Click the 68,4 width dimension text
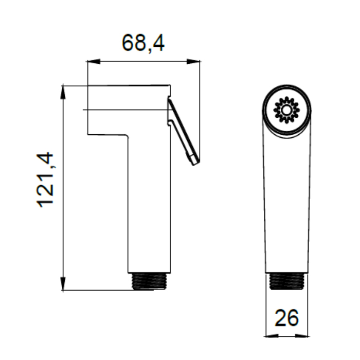(143, 43)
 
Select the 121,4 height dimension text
(45, 180)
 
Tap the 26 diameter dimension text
(287, 318)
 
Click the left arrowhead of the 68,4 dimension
(94, 61)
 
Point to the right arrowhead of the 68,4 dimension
(193, 61)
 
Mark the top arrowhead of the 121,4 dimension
(63, 92)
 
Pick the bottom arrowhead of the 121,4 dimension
(63, 284)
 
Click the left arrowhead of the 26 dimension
(272, 336)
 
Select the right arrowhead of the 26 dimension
(301, 336)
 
